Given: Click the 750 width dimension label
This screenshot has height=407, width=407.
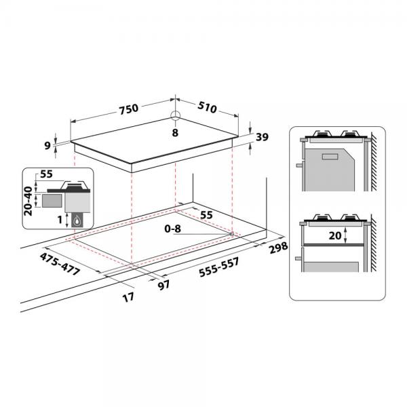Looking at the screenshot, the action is click(129, 109).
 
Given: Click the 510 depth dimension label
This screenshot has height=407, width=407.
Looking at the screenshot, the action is click(207, 107).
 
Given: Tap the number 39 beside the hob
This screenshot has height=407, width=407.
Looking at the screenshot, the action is click(262, 137).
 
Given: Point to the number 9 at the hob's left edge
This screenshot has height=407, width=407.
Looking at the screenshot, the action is click(47, 146).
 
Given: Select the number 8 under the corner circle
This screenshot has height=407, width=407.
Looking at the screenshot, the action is click(175, 133).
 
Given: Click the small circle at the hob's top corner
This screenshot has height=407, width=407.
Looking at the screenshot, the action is click(176, 115).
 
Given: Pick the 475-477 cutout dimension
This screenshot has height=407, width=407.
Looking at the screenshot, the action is click(60, 264).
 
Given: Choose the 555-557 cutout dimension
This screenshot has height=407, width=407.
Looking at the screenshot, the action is click(219, 267).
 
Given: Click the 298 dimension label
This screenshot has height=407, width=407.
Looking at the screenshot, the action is click(279, 248).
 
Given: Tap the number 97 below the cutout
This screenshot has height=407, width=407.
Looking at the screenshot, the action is click(163, 285).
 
